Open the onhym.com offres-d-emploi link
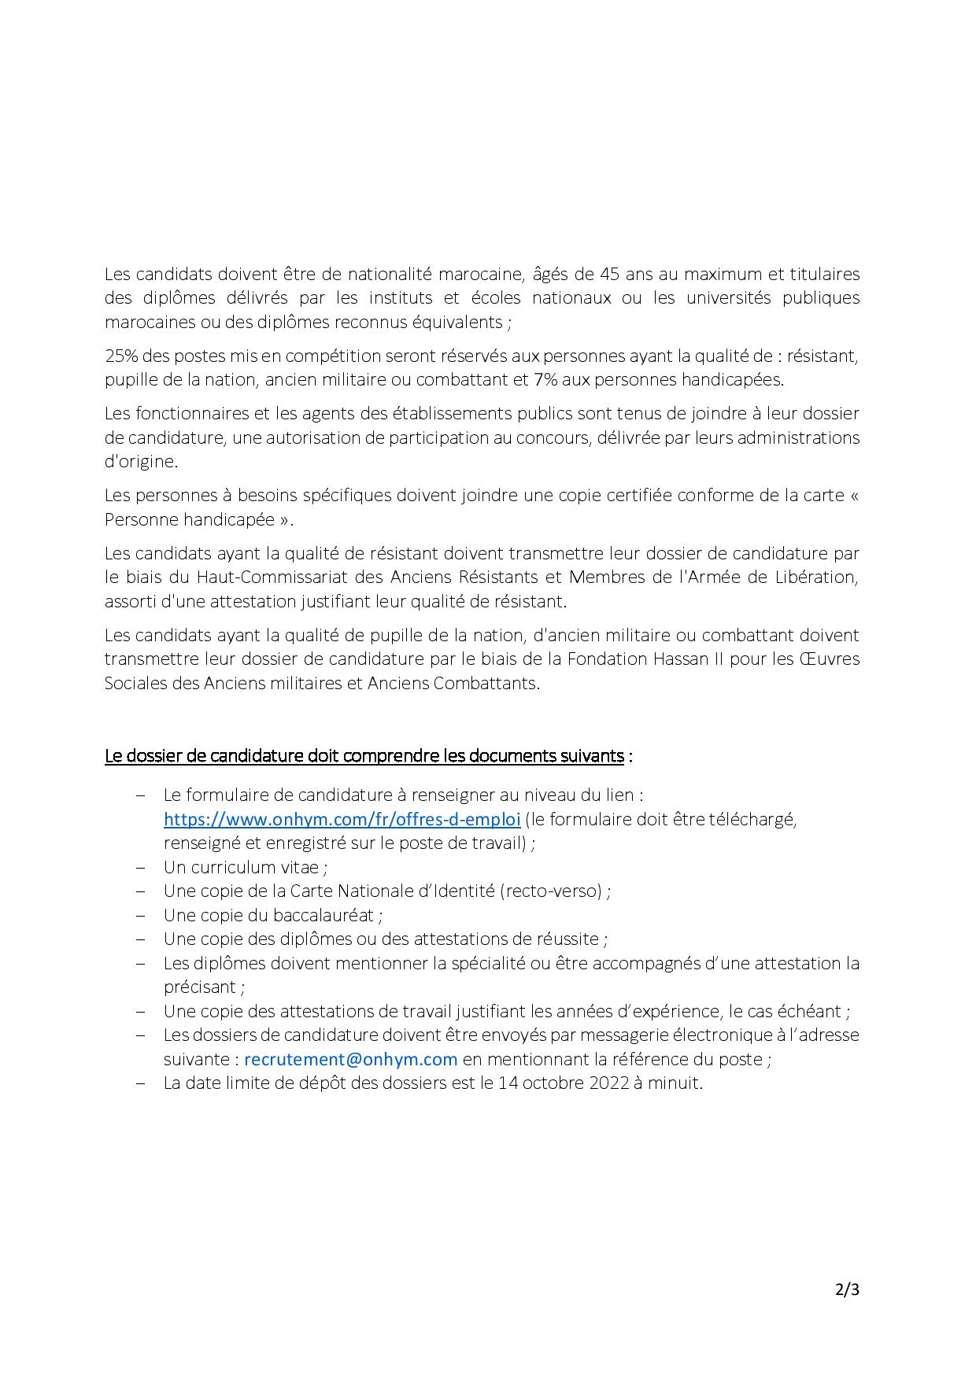(x=342, y=819)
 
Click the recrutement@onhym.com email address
(x=351, y=1059)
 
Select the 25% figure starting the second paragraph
(x=120, y=356)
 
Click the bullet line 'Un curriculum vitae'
(x=245, y=867)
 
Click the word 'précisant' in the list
(x=201, y=987)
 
